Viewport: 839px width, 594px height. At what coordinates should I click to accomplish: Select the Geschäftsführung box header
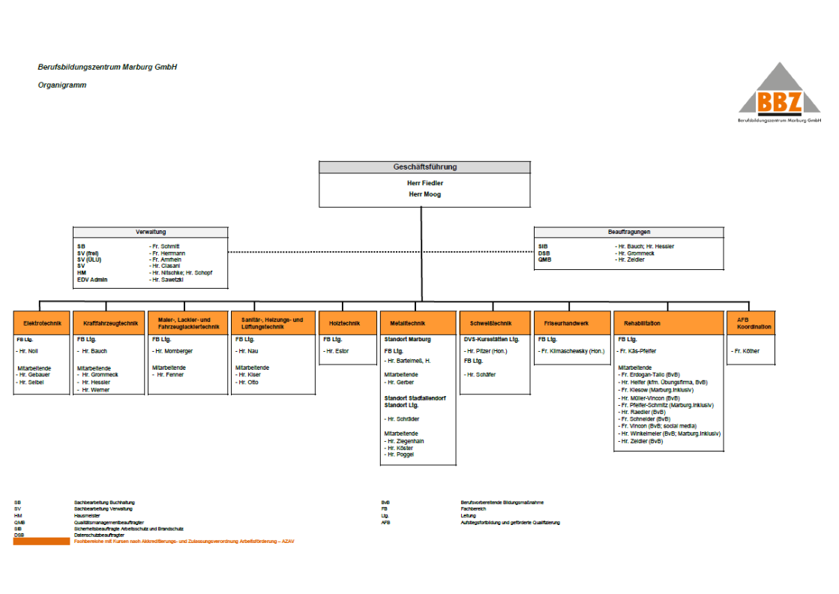coord(424,167)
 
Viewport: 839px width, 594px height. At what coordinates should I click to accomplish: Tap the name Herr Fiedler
coord(424,182)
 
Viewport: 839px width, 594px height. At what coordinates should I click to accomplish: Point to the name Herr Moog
coord(424,194)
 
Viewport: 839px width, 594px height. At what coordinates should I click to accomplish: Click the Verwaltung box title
coord(151,232)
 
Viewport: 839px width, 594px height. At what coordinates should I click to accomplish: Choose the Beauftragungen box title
coord(629,232)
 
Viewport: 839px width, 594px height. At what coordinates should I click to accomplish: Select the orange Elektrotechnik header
coord(42,323)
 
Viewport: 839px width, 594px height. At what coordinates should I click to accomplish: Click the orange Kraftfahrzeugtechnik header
coord(109,323)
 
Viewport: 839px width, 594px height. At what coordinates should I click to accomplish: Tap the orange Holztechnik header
coord(345,323)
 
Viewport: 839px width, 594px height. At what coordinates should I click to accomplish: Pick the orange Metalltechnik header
coord(418,323)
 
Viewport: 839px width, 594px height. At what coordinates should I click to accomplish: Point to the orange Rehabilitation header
coord(669,323)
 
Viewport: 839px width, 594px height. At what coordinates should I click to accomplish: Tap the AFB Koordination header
coord(750,323)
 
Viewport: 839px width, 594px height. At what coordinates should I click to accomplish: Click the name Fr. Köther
coord(747,351)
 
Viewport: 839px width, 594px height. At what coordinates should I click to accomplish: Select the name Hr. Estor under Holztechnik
coord(338,351)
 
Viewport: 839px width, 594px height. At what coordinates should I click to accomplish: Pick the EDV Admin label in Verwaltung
coord(92,280)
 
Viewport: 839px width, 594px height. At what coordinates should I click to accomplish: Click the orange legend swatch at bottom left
coord(41,541)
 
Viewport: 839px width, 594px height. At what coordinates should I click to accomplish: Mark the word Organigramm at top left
coord(62,85)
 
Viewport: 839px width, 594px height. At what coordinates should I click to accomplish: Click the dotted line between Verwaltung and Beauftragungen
coord(381,252)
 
